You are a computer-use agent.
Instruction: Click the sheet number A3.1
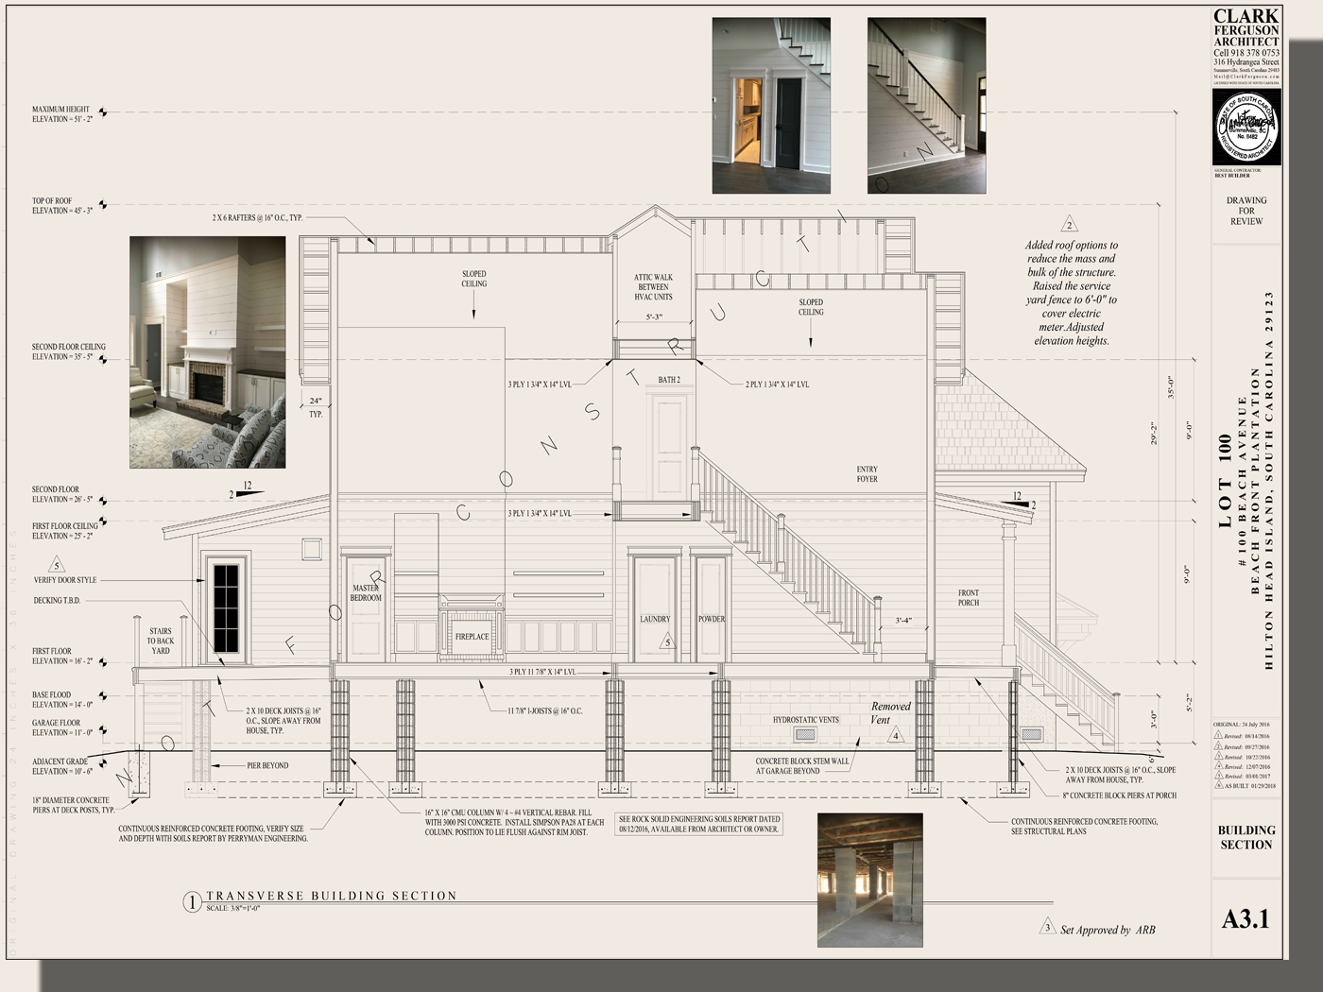1246,918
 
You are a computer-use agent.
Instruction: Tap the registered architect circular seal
1246,127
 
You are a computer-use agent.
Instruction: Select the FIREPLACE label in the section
472,637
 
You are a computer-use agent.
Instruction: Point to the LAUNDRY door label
655,620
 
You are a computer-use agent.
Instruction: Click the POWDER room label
712,620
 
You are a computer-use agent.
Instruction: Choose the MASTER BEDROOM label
366,593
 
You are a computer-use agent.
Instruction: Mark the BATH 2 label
669,380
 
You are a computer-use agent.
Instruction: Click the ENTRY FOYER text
867,474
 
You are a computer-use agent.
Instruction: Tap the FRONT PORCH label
969,598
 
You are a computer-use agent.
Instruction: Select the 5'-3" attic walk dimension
654,317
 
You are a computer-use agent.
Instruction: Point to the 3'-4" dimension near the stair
903,621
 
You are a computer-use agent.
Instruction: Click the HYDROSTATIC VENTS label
805,720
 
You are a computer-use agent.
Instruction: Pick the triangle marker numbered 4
896,735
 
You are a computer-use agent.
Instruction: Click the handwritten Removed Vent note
887,712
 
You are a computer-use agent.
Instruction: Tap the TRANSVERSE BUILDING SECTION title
332,896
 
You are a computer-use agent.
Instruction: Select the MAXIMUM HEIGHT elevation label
61,114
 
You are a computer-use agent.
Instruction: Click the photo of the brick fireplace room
207,352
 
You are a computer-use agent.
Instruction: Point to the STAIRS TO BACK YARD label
161,641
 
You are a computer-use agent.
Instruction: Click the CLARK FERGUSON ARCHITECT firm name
1246,28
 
